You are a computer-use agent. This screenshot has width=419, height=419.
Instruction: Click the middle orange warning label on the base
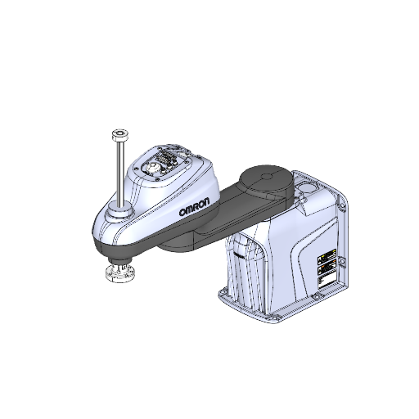coord(326,265)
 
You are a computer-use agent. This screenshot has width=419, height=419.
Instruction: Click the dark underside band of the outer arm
coord(139,242)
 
